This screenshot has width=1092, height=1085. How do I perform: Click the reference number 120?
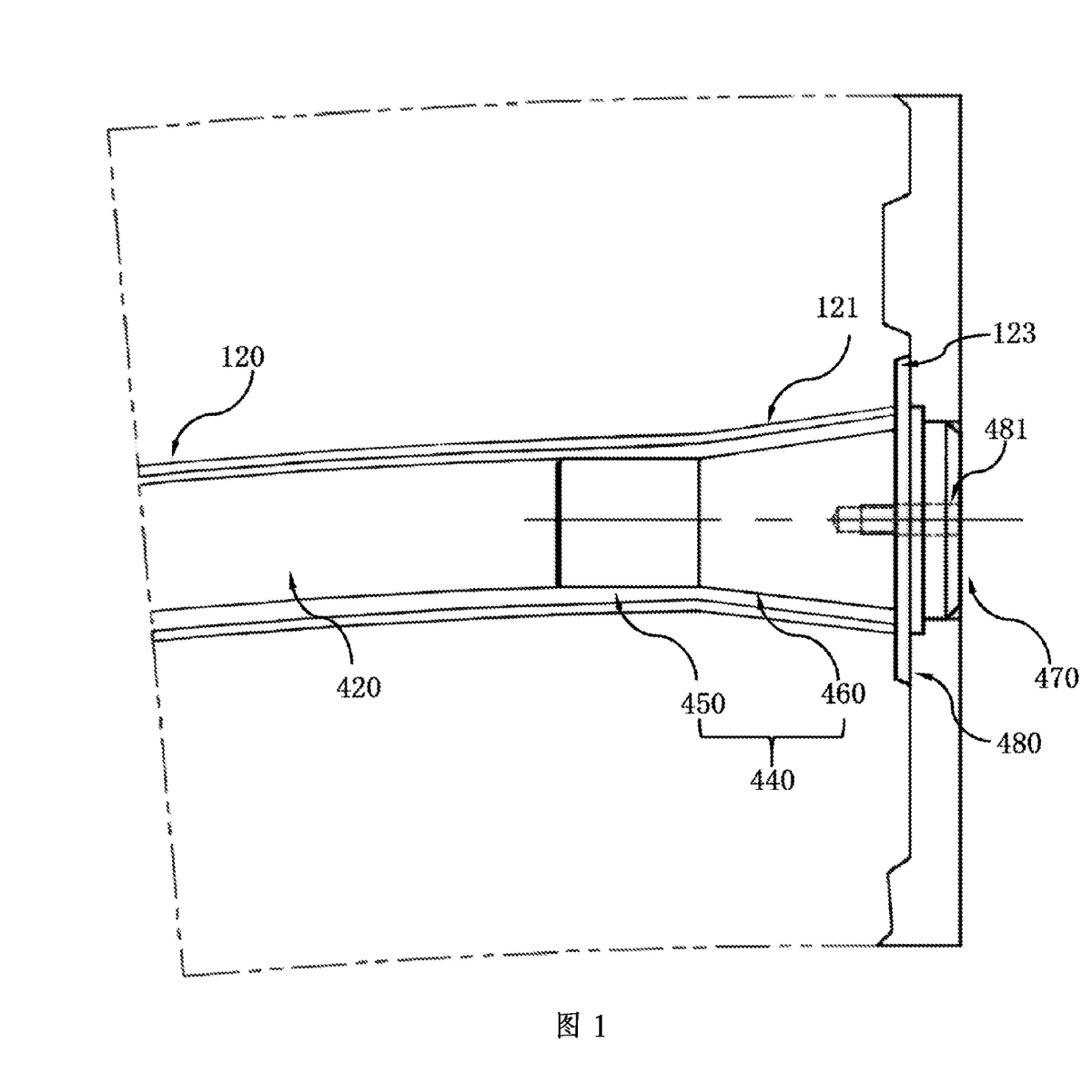pos(242,356)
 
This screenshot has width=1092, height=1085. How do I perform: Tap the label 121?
pos(837,309)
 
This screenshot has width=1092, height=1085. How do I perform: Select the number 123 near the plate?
pos(1014,334)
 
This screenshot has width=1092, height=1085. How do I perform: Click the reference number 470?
pos(1057,677)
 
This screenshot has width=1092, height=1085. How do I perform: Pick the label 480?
pos(1018,743)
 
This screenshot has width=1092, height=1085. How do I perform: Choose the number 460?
pos(843,695)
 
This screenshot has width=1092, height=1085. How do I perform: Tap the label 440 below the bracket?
pos(773,779)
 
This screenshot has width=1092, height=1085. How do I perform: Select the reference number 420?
pos(359,688)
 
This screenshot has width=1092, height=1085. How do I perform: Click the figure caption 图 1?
pos(580,1026)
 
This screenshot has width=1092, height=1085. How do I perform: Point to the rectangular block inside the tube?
pos(628,522)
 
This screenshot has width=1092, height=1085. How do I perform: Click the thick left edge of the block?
pos(558,522)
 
